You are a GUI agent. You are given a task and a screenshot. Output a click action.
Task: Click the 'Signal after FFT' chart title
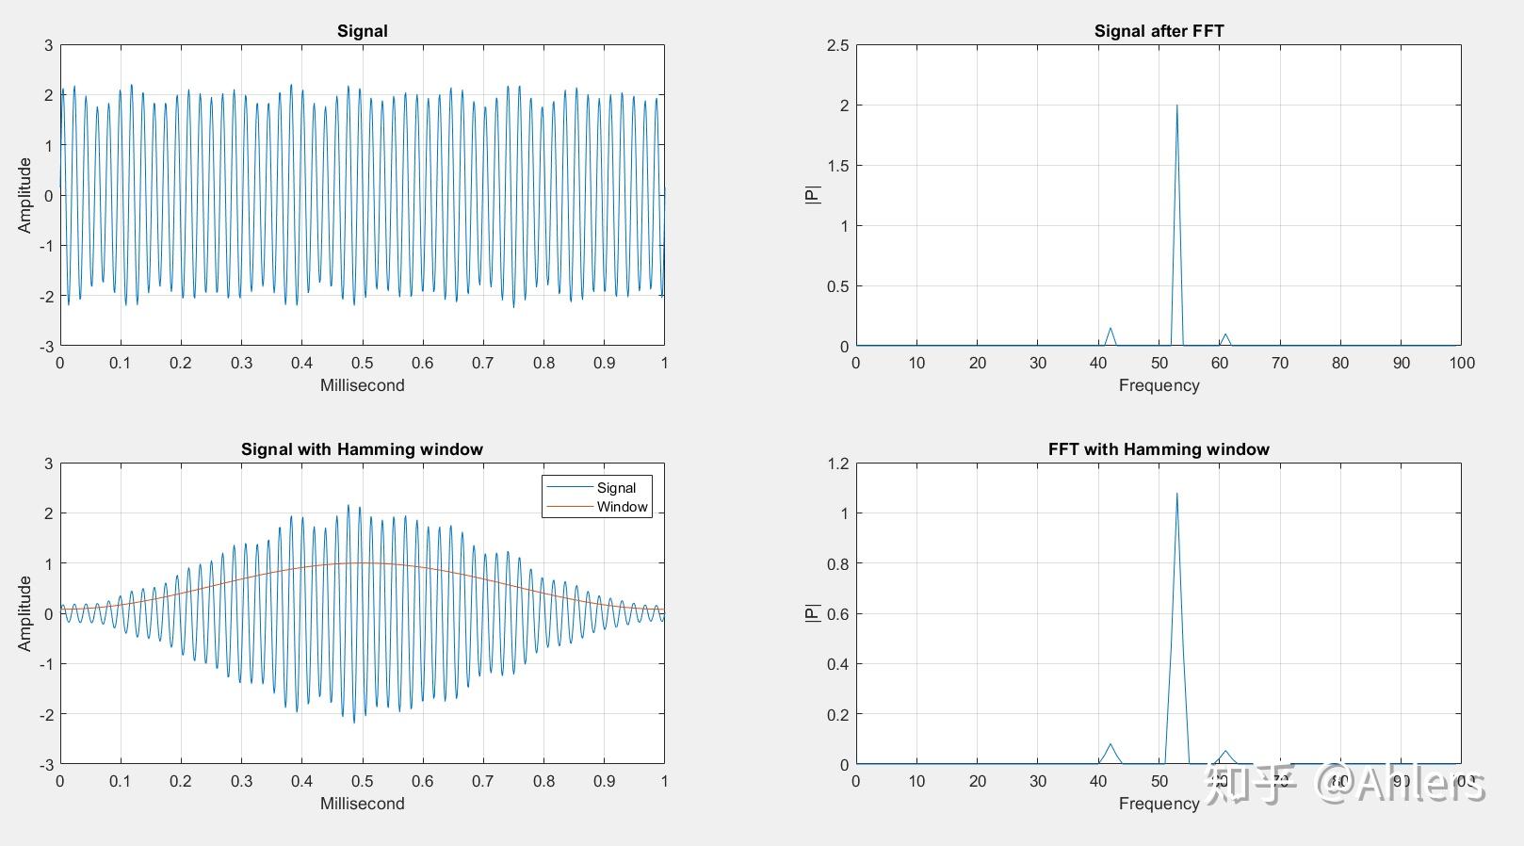tap(1159, 31)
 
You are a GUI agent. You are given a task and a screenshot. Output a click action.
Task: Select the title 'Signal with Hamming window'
tap(362, 449)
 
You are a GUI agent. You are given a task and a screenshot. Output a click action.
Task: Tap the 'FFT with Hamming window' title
tap(1159, 449)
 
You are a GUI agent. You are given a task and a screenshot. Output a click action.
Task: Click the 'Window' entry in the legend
tap(622, 507)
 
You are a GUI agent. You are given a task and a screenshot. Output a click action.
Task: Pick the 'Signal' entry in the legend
tap(616, 488)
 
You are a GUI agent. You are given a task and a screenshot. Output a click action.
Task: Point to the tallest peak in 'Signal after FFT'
tap(1176, 106)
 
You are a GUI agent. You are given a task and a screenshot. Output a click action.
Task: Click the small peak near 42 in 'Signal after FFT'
tap(1111, 329)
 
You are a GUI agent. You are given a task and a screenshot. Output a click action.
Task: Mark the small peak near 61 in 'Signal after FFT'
tap(1225, 334)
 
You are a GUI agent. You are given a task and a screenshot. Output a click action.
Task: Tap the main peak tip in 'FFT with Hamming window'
tap(1176, 494)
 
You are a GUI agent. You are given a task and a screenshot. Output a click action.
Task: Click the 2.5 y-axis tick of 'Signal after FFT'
tap(837, 45)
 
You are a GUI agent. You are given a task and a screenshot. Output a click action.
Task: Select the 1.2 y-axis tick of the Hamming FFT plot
tap(837, 464)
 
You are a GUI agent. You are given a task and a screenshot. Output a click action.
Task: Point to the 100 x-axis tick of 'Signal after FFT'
tap(1462, 364)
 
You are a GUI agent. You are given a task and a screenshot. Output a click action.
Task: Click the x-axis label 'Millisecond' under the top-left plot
tap(362, 385)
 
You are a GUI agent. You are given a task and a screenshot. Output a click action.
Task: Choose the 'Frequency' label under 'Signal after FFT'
tap(1159, 385)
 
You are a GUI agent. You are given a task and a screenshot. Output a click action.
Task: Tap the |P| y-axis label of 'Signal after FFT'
tap(813, 195)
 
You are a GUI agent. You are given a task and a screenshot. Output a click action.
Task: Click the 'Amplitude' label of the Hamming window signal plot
tap(25, 613)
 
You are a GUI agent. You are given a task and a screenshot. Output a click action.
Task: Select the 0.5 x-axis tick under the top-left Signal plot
tap(362, 364)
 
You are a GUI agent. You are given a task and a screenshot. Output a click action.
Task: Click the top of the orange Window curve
tap(362, 563)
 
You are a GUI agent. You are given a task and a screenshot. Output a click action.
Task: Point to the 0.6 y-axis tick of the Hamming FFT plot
tap(837, 614)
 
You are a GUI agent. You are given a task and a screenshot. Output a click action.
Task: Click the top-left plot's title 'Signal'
tap(362, 31)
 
